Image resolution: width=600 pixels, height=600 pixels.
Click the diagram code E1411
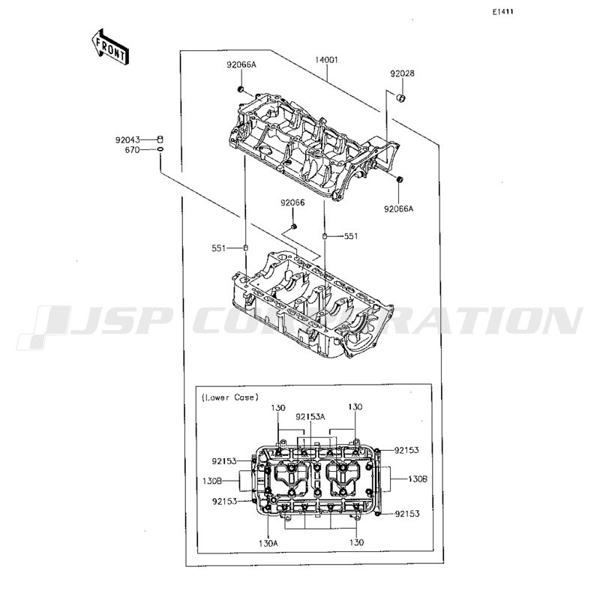502,12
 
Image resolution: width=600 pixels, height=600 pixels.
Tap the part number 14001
326,60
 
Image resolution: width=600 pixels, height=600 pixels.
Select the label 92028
402,73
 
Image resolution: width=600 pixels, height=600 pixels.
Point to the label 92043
127,140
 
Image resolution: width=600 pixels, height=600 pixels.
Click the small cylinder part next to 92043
160,139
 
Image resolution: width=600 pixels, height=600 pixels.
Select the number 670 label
133,150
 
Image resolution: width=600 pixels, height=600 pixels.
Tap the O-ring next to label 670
160,149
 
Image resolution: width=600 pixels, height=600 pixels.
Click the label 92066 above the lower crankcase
292,202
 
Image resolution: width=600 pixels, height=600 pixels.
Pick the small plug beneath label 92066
294,227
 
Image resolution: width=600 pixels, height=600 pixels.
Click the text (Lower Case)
230,397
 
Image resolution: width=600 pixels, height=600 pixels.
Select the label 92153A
310,417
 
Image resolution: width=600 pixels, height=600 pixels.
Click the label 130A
268,542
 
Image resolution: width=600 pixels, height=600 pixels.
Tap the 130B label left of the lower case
212,481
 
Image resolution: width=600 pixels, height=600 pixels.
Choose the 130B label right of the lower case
418,478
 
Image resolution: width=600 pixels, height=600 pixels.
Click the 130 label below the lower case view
356,542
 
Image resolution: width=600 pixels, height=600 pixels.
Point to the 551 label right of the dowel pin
351,236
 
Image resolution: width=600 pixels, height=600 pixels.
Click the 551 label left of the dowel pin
219,248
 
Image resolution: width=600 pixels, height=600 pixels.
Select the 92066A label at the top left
241,64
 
